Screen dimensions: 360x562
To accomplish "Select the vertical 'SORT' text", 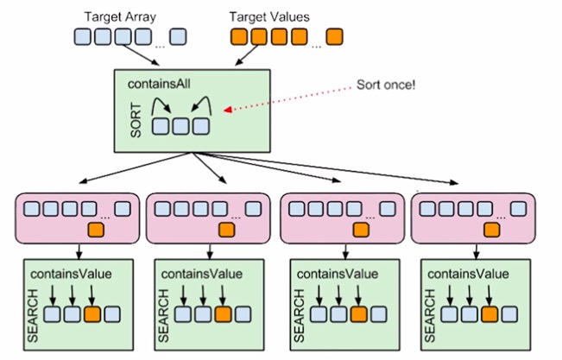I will (136, 119).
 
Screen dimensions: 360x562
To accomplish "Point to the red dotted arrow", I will (285, 98).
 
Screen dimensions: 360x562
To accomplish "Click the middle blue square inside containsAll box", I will (180, 126).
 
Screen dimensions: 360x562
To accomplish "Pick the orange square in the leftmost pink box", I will (95, 230).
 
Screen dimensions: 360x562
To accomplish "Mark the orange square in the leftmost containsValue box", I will (92, 314).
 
